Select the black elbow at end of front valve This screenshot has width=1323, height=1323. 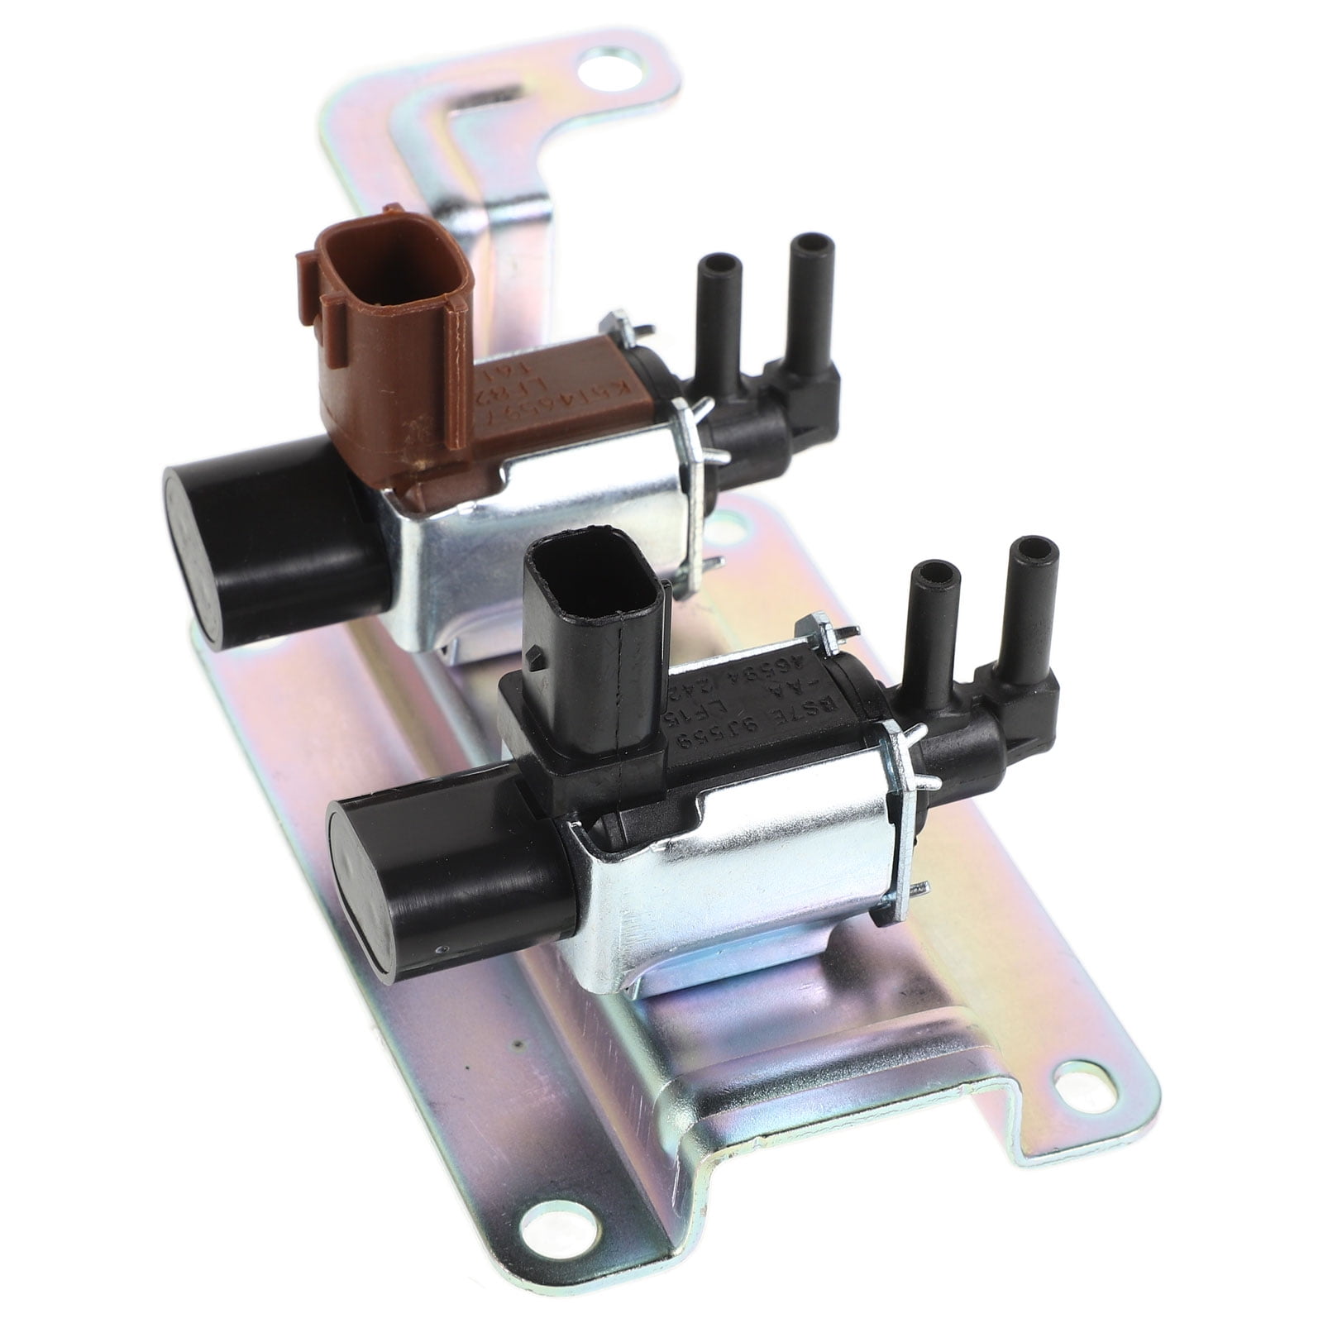tap(1021, 711)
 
